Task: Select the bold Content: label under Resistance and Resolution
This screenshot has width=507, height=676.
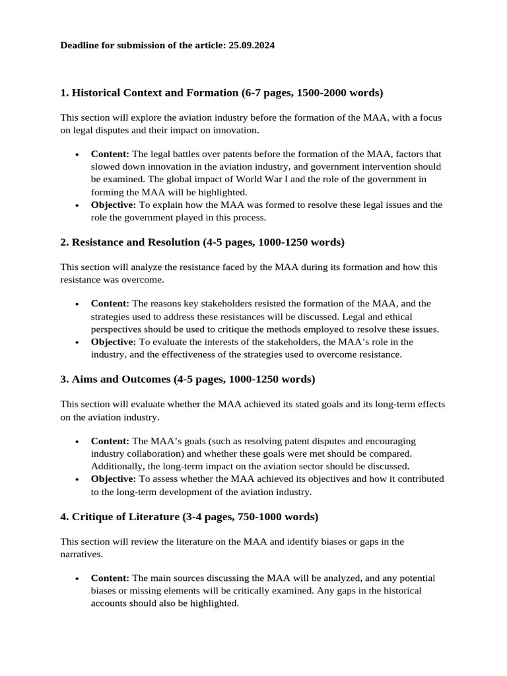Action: click(x=110, y=304)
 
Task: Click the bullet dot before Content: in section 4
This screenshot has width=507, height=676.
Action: click(x=77, y=578)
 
